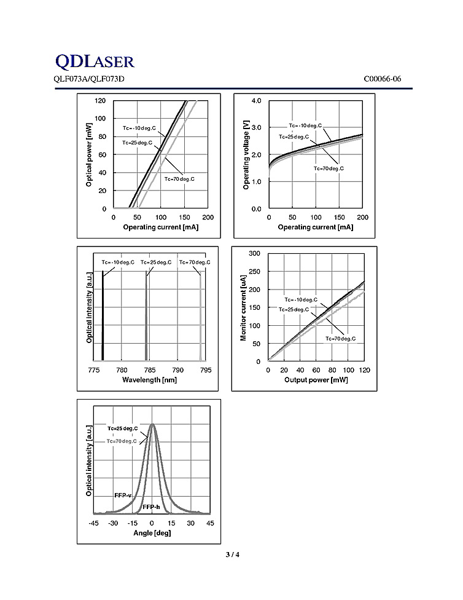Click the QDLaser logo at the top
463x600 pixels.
tap(95, 61)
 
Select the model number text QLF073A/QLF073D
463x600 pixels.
tap(89, 79)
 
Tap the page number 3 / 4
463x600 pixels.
tap(232, 555)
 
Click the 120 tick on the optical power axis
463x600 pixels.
tap(100, 100)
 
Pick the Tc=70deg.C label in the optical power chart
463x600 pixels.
tap(179, 179)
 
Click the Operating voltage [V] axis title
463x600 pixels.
tap(246, 155)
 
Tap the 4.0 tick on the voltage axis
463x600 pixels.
tap(257, 100)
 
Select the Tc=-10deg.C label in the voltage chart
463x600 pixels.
tap(305, 125)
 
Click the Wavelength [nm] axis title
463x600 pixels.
tap(150, 379)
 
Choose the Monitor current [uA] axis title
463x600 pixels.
tap(244, 307)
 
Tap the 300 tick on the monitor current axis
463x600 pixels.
tap(255, 253)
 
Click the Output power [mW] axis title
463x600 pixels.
tap(316, 379)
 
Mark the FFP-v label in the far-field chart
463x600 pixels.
tap(123, 495)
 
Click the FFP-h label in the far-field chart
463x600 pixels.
tap(151, 507)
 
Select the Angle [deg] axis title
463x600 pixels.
tap(152, 532)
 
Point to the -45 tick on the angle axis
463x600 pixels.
tap(93, 523)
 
